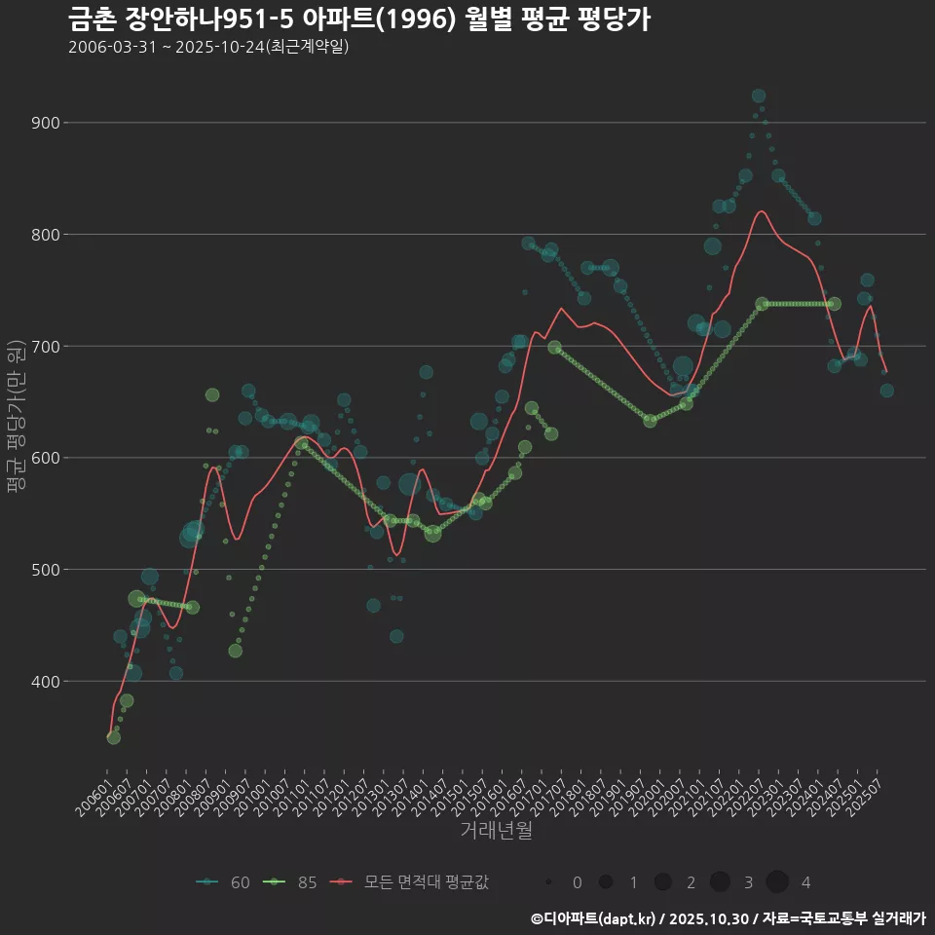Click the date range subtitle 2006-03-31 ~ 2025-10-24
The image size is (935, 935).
[208, 47]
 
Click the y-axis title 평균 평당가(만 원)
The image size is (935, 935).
[15, 418]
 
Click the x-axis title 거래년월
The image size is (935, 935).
[496, 831]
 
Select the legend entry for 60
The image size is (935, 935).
[223, 882]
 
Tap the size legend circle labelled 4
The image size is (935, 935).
[777, 882]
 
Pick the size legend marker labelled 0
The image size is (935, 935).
[549, 882]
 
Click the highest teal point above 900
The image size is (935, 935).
[759, 95]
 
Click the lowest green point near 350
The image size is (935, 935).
[114, 737]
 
